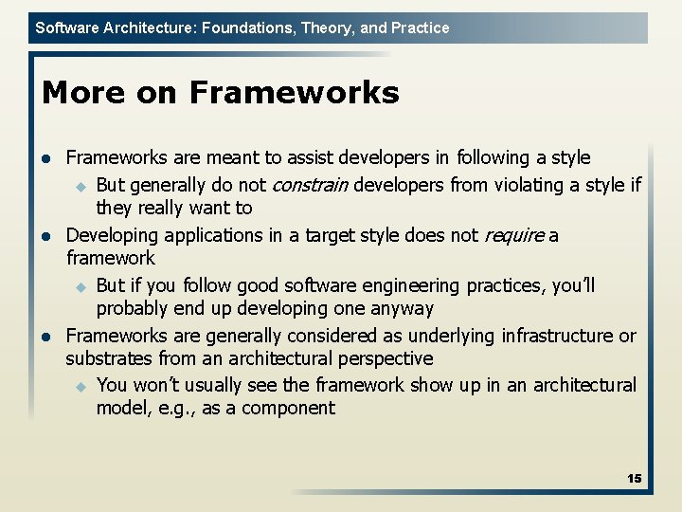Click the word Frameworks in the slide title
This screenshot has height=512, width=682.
click(294, 93)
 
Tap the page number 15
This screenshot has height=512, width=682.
click(634, 479)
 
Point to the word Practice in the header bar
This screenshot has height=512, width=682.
click(420, 27)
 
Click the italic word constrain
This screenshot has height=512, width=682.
click(311, 184)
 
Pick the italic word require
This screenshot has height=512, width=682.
click(514, 234)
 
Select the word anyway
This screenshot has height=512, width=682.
click(402, 308)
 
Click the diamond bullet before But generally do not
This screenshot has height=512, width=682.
click(81, 185)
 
